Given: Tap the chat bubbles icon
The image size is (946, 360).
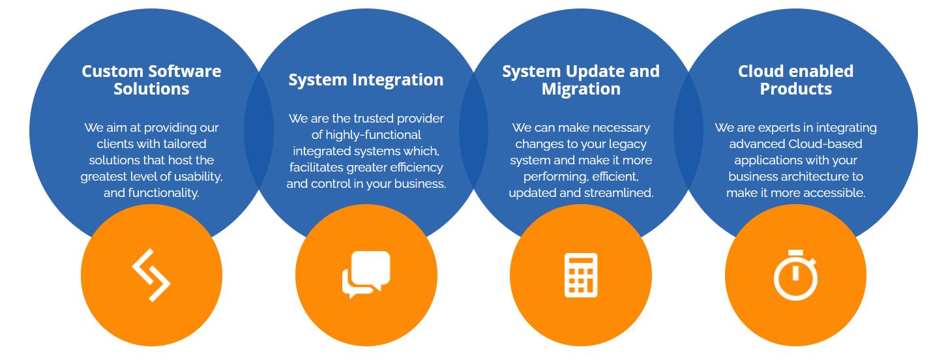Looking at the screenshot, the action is click(x=366, y=274).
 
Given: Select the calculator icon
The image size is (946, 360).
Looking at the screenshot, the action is click(x=581, y=275).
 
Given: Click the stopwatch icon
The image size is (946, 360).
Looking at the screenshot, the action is click(x=795, y=275).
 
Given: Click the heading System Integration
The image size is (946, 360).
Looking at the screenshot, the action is click(x=366, y=80).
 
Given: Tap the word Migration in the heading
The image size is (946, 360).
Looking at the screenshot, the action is click(x=581, y=89).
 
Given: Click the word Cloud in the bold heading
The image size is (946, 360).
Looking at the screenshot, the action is click(x=760, y=71).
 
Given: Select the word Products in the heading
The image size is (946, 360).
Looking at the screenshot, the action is click(x=795, y=89).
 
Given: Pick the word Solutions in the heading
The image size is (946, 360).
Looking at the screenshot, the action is click(x=151, y=89).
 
